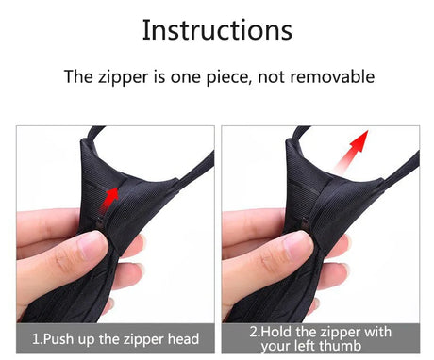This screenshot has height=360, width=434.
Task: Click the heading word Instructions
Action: (x=217, y=30)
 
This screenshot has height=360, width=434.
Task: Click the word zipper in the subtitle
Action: (x=123, y=77)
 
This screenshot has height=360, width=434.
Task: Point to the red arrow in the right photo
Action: (x=351, y=151)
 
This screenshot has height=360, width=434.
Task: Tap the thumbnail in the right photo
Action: (x=296, y=245)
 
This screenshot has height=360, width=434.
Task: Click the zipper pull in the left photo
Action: (x=100, y=222)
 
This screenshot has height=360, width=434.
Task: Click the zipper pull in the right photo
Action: (x=305, y=222)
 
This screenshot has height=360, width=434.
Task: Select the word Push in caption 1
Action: (x=59, y=339)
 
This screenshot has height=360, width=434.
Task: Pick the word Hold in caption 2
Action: (x=275, y=332)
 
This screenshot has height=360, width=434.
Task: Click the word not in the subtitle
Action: (x=272, y=77)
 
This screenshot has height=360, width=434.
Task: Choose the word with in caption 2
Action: (x=377, y=332)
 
